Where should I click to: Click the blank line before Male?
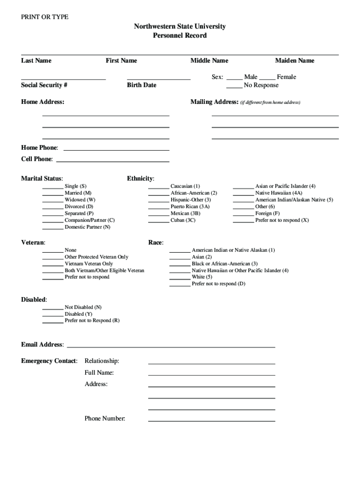click(234, 79)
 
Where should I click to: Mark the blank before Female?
click(267, 79)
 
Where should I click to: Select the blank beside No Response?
click(234, 87)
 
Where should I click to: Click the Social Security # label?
click(44, 85)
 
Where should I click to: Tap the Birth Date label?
click(142, 85)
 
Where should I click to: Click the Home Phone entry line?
click(116, 150)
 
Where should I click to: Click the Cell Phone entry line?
click(112, 161)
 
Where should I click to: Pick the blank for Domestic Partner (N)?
click(53, 229)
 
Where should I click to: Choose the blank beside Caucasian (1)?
click(158, 188)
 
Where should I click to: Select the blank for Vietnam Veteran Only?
click(53, 265)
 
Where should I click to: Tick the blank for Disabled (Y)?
click(53, 316)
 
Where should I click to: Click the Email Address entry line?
click(171, 347)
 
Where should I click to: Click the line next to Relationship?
click(211, 363)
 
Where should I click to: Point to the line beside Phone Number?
click(211, 421)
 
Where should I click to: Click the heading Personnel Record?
click(180, 36)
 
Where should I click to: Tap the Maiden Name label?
click(295, 60)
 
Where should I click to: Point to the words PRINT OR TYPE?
click(45, 17)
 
